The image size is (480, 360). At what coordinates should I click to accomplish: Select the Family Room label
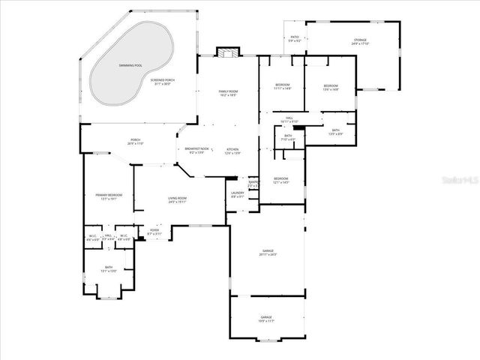coord(228,92)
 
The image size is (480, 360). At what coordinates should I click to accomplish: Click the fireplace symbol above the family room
coord(227,52)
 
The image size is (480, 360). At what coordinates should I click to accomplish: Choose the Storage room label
coord(360,41)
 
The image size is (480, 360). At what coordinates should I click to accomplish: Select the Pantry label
coord(253,183)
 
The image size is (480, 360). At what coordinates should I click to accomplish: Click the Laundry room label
coord(237,194)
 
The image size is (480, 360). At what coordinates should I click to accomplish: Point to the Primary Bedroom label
coord(109,196)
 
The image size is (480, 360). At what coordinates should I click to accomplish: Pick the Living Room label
coord(178,199)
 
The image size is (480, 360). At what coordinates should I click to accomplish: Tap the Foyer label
coord(154,232)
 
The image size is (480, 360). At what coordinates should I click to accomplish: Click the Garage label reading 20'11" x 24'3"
coord(267,252)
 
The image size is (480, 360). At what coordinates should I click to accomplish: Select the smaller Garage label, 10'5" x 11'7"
coord(266,319)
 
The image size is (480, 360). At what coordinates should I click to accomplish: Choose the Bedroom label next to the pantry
coord(280,180)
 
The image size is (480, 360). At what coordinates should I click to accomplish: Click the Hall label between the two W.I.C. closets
coord(108,237)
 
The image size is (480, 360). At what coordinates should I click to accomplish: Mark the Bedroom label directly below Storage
coord(331,88)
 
